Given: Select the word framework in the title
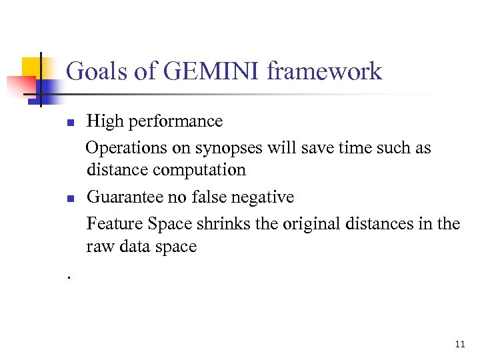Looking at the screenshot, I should pos(324,71).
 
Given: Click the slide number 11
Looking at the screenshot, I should pos(459,345).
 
